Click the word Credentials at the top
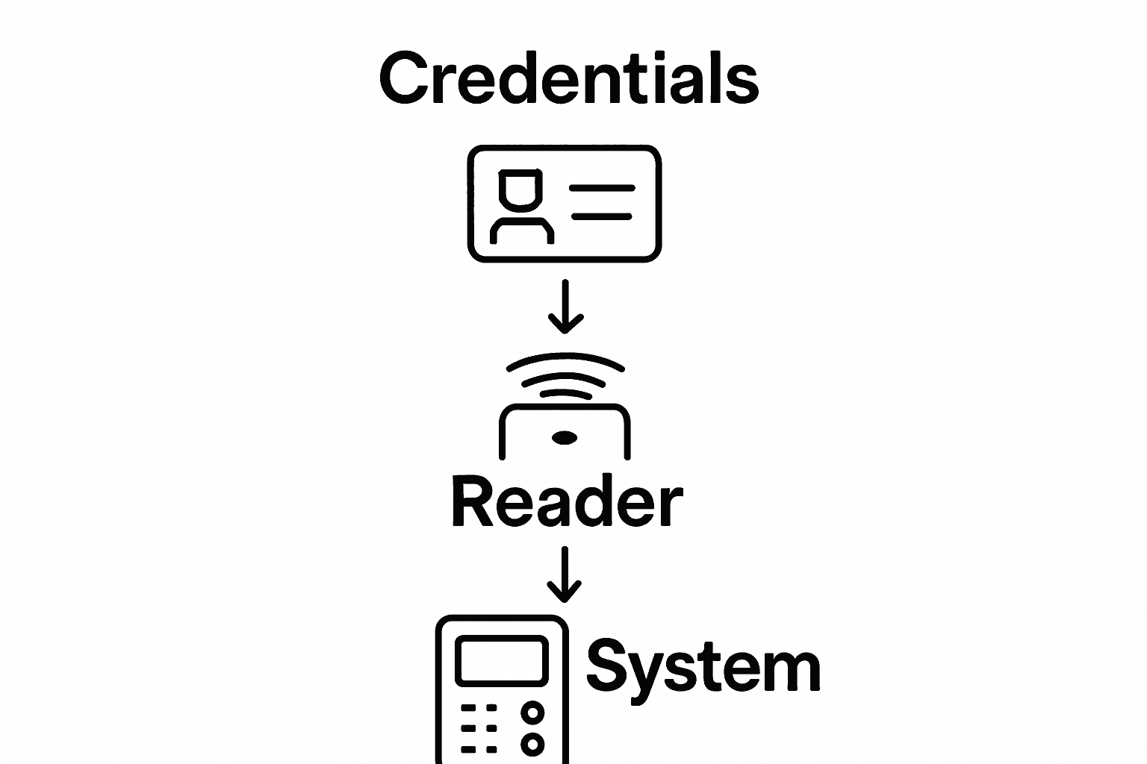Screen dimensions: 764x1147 point(569,78)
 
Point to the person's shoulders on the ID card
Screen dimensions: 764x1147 point(521,230)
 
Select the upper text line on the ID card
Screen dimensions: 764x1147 point(602,188)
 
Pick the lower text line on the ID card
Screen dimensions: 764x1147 point(602,216)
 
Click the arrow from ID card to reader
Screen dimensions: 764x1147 point(565,307)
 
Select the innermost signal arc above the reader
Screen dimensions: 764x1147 point(565,393)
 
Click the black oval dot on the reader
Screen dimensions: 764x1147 point(565,437)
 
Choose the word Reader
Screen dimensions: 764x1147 point(567,502)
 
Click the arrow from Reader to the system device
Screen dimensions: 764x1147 point(565,574)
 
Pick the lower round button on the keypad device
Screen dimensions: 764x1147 point(532,744)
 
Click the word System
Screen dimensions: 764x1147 point(703,666)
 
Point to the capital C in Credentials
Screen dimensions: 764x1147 point(405,78)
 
